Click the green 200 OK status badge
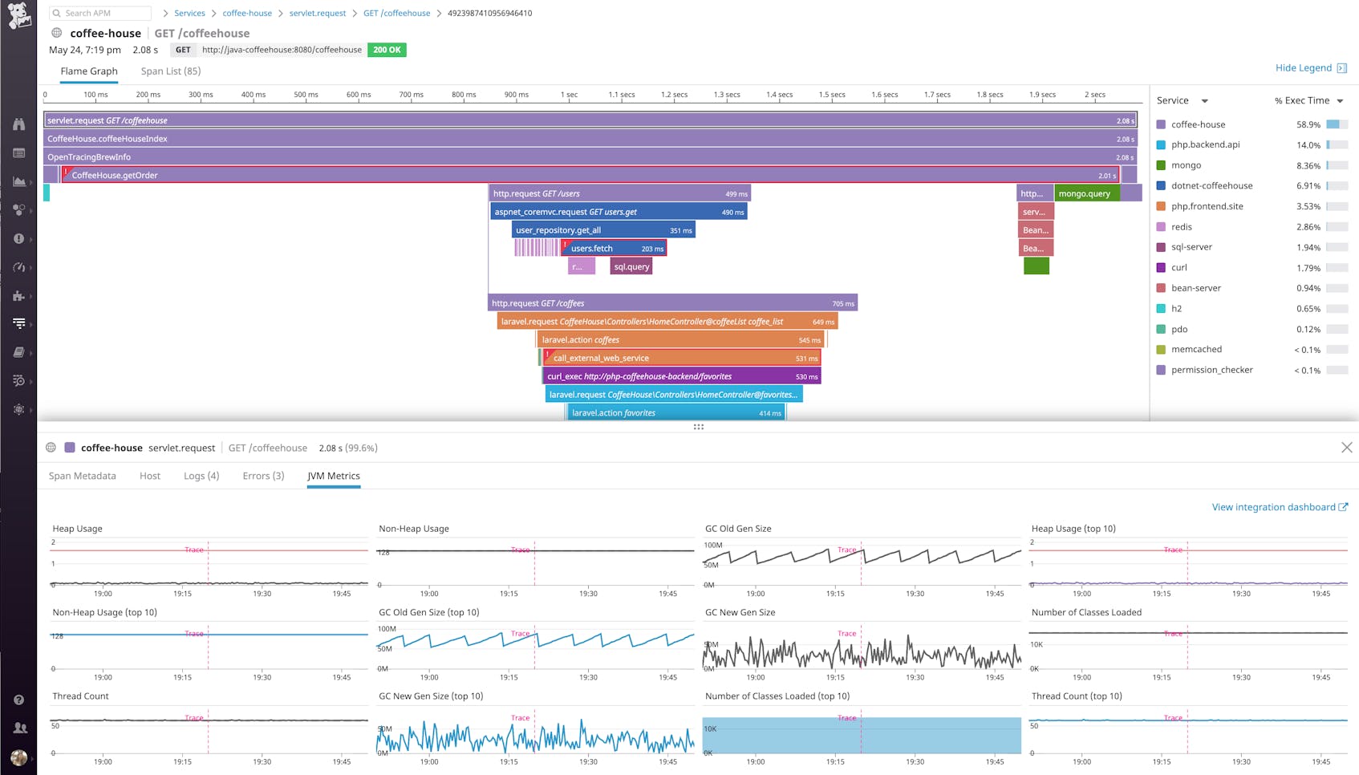387,50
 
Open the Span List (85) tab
170,71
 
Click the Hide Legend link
1304,68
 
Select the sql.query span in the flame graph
631,267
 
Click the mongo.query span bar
1085,193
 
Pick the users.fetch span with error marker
614,249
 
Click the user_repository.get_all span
602,230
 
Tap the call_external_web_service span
682,359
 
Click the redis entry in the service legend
1181,227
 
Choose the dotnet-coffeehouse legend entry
1211,186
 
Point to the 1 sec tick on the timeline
569,95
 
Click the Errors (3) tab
263,477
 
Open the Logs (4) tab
201,477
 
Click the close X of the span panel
1346,448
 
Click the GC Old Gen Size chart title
737,529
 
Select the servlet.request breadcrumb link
317,14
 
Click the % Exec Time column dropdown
1309,101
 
